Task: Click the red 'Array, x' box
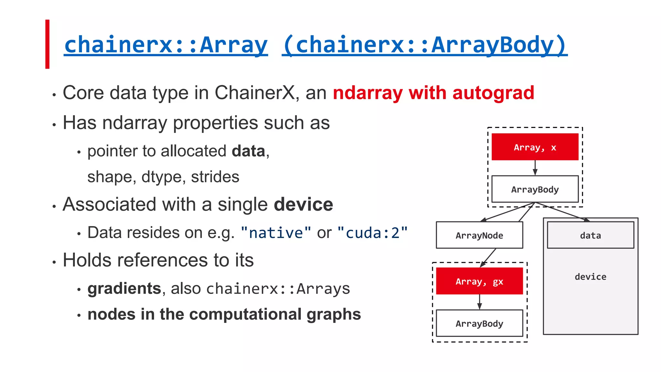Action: coord(535,147)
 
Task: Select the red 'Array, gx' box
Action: coord(479,281)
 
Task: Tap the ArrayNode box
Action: coord(479,235)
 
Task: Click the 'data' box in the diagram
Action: coord(590,235)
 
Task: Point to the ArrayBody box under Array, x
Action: coord(535,189)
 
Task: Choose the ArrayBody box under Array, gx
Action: coord(479,323)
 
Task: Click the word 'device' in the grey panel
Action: coord(590,277)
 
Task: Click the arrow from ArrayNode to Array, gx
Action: coord(488,258)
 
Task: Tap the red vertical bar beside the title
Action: coord(47,44)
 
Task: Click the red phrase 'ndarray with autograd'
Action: coord(433,93)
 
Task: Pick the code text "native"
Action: coord(276,233)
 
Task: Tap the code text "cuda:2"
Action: coord(372,233)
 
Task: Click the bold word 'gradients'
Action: coord(124,288)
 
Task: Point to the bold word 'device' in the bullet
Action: coord(303,204)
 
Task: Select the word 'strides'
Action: coord(215,177)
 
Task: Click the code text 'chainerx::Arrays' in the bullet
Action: coord(278,289)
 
